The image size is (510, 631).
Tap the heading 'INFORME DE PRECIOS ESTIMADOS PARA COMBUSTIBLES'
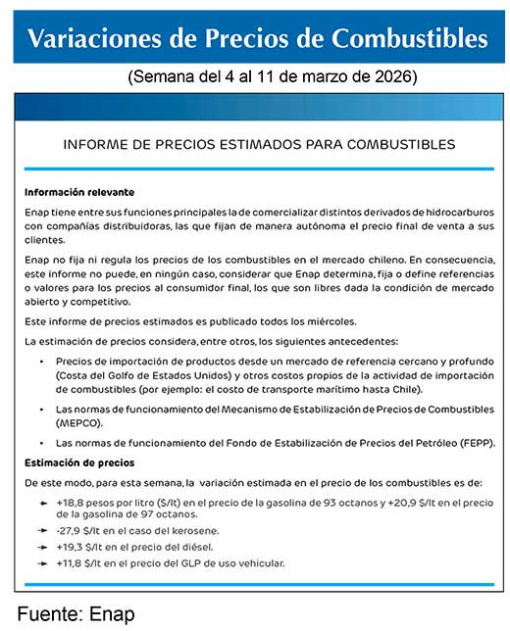pos(259,144)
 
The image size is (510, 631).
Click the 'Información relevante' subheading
pos(79,192)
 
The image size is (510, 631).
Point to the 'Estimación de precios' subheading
pos(79,461)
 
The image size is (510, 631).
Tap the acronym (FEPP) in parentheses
pos(475,443)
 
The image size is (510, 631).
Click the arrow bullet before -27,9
pos(42,530)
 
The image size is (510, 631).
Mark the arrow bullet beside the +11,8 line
pos(42,563)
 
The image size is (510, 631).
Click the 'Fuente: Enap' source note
pos(76,614)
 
